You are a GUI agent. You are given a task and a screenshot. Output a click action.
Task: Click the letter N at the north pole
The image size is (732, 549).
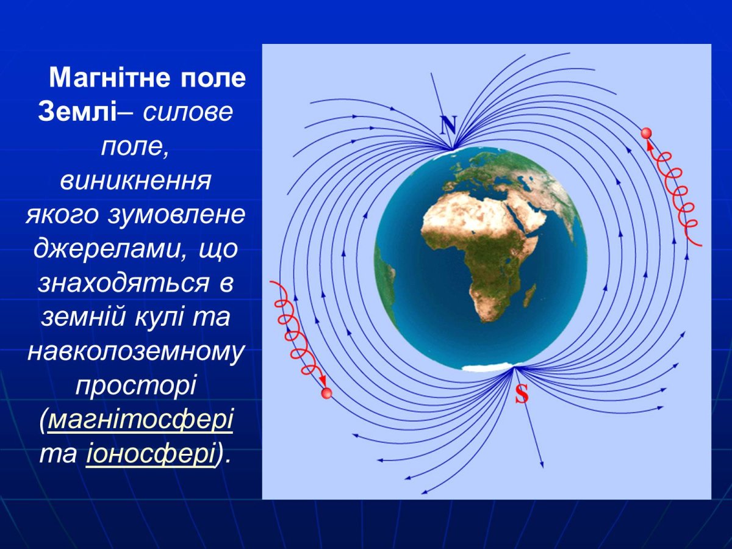click(448, 126)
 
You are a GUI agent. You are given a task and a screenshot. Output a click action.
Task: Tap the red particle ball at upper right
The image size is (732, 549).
click(647, 133)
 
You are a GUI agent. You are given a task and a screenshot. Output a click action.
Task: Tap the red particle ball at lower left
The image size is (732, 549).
click(326, 393)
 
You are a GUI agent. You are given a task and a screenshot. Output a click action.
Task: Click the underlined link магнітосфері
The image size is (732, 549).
click(140, 422)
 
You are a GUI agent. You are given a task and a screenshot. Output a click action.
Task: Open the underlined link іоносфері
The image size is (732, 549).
click(151, 455)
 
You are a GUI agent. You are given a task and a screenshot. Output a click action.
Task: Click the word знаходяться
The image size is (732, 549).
click(117, 283)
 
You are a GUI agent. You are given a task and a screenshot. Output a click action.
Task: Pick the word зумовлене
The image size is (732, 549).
click(177, 215)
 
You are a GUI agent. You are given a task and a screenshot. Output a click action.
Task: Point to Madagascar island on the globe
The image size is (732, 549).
click(529, 295)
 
